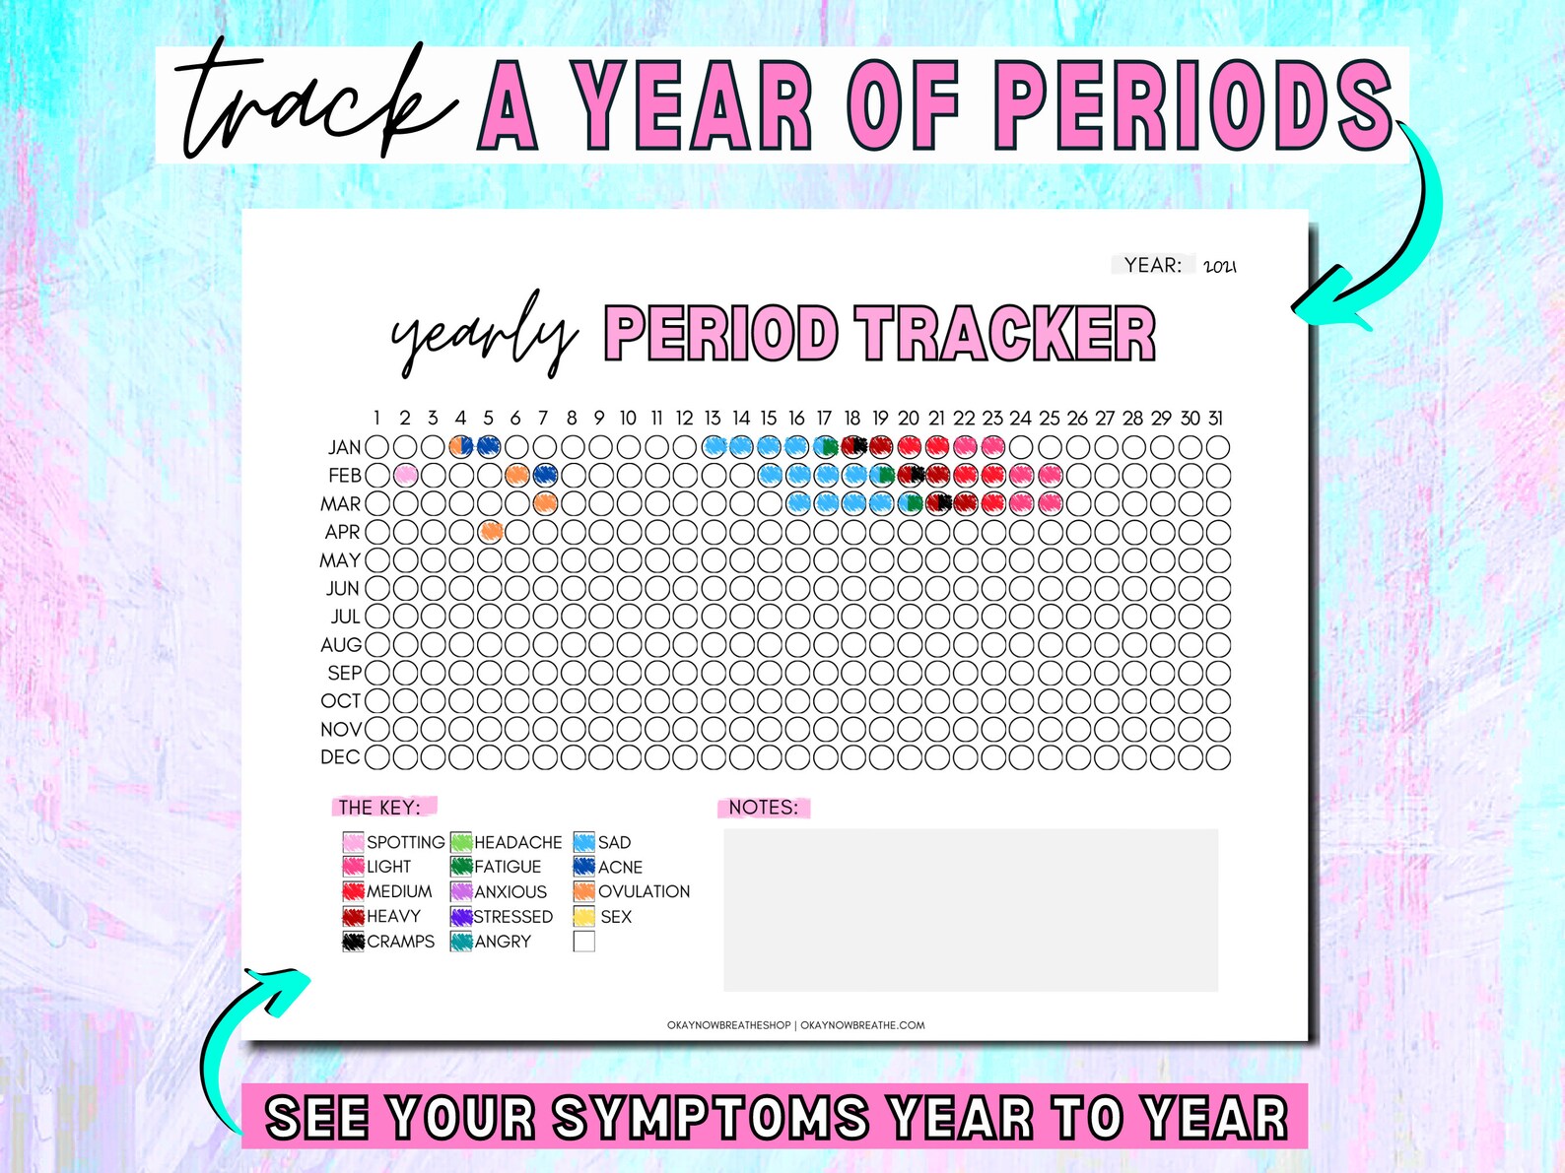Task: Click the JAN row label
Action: [344, 447]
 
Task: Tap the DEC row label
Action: [340, 757]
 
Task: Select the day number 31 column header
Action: [1217, 419]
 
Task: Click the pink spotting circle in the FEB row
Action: [405, 476]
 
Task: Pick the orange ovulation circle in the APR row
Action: [491, 532]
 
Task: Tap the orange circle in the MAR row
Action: [545, 503]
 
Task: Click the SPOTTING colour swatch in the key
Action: [353, 842]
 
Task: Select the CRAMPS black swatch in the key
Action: [353, 942]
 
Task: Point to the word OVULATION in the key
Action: [644, 891]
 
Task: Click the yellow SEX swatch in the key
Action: [583, 917]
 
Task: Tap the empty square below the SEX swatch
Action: [583, 942]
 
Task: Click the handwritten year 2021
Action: [1220, 266]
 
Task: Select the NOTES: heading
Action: [763, 808]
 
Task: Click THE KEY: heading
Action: [379, 808]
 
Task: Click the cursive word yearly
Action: [482, 334]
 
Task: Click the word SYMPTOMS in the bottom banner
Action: [711, 1119]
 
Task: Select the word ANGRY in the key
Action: [503, 942]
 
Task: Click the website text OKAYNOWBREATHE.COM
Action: [862, 1025]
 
